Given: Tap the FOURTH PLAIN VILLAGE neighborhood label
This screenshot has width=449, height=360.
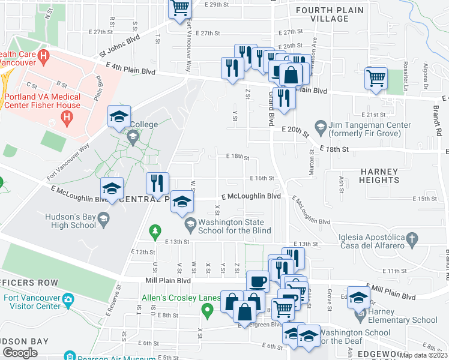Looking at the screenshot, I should pos(330,14).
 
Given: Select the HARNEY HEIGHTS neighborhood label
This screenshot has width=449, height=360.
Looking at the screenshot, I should pos(379,176).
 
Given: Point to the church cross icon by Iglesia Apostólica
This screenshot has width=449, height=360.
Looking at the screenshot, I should pos(411,239).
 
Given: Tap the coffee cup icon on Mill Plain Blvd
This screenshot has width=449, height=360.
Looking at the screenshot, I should pos(258,281).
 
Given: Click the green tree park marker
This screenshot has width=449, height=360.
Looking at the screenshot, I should pos(155,231).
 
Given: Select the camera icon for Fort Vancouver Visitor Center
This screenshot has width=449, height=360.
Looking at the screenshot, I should pos(68,299).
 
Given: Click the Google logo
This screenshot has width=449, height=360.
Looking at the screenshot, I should pos(20,353).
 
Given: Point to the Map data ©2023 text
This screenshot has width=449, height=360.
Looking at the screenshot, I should pos(423,355).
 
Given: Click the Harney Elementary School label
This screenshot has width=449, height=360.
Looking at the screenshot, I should pos(403,316).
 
